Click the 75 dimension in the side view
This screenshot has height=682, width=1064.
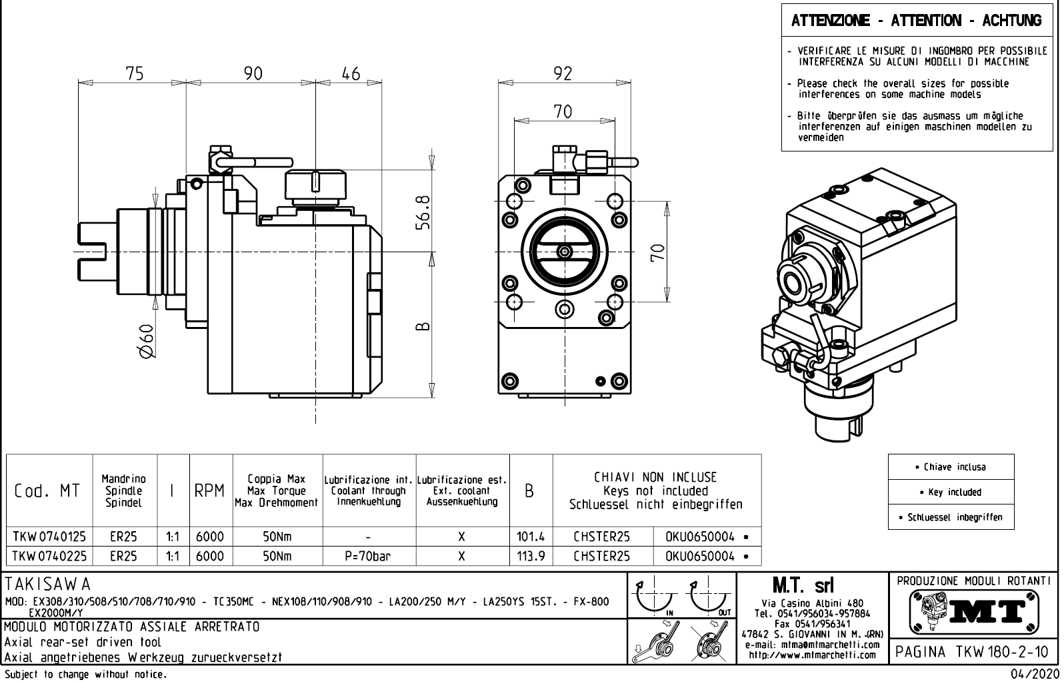coord(135,73)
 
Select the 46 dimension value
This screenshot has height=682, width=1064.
coord(351,73)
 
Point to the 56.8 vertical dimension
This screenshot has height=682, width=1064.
coord(422,212)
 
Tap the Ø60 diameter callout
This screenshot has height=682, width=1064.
coord(147,341)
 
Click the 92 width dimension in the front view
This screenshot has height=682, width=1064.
coord(563,73)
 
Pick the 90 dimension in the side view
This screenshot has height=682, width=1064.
coord(253,73)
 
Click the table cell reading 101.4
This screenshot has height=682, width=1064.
coord(531,537)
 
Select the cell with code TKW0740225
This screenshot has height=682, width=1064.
coord(49,556)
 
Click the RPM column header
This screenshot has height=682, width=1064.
coord(211,491)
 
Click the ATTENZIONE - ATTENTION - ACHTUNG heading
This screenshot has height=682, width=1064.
coord(916,21)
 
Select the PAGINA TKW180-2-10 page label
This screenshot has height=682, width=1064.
coord(973,652)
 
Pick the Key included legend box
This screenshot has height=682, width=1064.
coord(951,492)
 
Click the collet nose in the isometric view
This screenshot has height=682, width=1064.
coord(795,280)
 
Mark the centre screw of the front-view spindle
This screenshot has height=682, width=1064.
coord(565,252)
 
